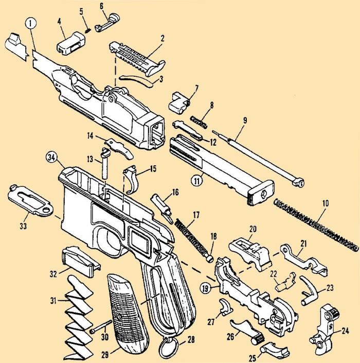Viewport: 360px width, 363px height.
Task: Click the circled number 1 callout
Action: (x=31, y=24)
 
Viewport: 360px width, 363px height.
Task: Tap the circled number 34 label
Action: (x=50, y=157)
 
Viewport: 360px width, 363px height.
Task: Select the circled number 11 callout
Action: (x=196, y=181)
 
